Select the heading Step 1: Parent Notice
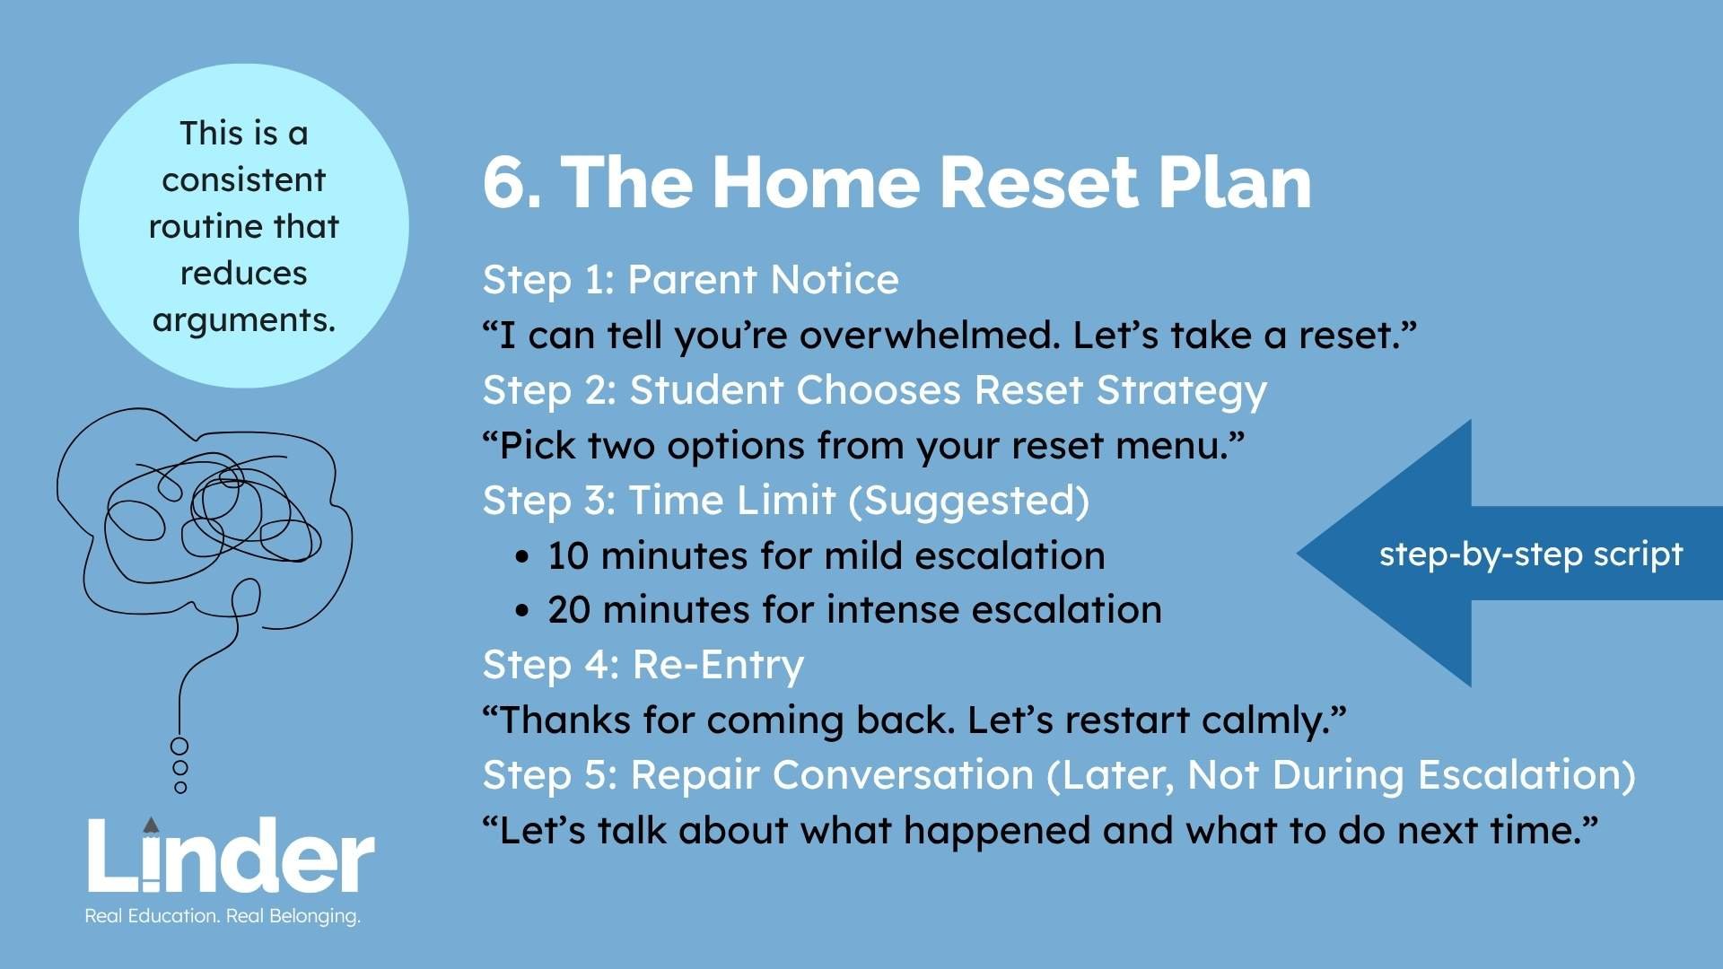(x=690, y=280)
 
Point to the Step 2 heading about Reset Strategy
(x=875, y=391)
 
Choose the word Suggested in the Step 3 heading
(x=969, y=501)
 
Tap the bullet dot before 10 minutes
(x=523, y=557)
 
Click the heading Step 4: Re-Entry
(x=643, y=666)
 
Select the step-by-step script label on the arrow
(x=1531, y=554)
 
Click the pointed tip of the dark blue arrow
(x=1298, y=554)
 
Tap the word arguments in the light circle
(x=244, y=320)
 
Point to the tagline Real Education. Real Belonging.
(x=223, y=916)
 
